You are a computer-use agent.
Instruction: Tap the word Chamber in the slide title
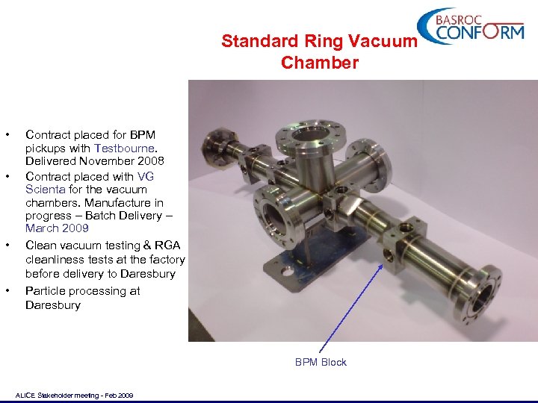[x=320, y=63]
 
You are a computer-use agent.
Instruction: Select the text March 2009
[x=57, y=228]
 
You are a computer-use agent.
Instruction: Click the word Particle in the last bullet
[x=46, y=291]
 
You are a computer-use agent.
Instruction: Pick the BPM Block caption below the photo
[x=321, y=362]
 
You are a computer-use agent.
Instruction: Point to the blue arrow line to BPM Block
[x=351, y=305]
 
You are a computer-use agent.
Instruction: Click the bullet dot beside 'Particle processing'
[x=8, y=291]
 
